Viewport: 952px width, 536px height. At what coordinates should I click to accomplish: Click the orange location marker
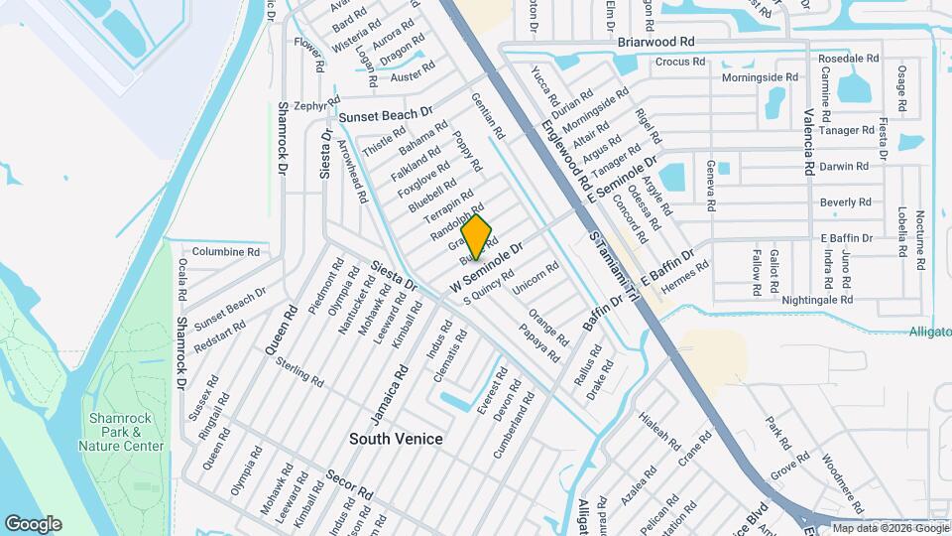[x=477, y=237]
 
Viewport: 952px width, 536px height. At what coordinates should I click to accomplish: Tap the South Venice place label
[x=396, y=439]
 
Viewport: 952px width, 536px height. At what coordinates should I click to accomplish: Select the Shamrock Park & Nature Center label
[x=125, y=432]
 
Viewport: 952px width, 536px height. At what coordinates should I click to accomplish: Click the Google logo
[x=33, y=524]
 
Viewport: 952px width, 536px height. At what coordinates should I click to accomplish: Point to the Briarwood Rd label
[x=655, y=43]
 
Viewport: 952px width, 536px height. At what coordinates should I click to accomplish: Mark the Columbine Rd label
[x=225, y=252]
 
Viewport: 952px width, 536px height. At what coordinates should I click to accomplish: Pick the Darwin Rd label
[x=844, y=167]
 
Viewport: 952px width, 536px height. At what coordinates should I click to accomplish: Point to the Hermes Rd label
[x=685, y=273]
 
